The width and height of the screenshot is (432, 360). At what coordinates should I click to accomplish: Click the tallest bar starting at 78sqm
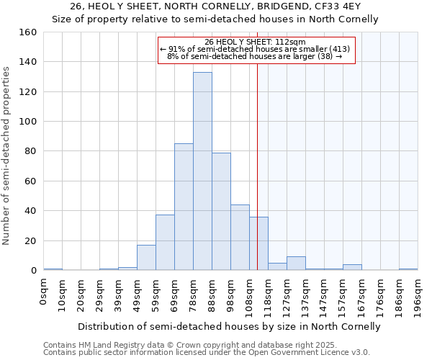click(202, 171)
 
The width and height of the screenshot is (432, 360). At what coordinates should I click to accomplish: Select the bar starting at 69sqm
click(184, 207)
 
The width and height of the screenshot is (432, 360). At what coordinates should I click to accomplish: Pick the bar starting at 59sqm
click(165, 243)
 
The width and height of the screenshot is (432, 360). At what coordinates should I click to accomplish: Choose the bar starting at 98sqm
click(240, 238)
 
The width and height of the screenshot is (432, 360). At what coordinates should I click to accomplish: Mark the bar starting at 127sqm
click(296, 264)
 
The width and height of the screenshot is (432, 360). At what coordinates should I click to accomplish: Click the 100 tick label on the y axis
click(28, 122)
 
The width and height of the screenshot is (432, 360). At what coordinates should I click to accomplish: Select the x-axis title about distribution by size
click(229, 326)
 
